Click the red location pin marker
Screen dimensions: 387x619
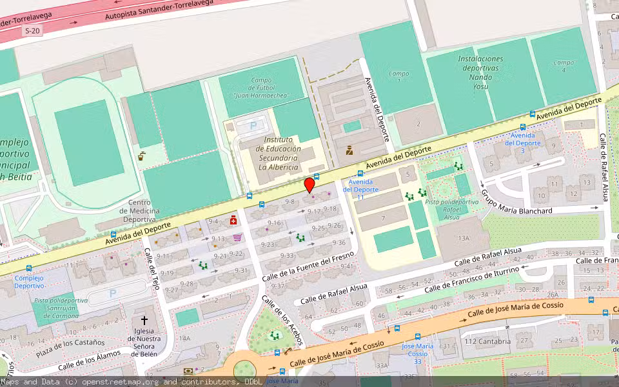coord(309,185)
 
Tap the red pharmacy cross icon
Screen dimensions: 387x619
coord(233,220)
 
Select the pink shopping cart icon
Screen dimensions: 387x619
coord(237,237)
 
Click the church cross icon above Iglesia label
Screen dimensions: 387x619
coord(144,320)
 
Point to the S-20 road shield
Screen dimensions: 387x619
coord(32,31)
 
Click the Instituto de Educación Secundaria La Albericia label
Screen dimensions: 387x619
coord(278,154)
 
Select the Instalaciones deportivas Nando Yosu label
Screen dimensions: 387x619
coord(480,72)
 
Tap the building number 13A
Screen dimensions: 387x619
coord(463,239)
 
